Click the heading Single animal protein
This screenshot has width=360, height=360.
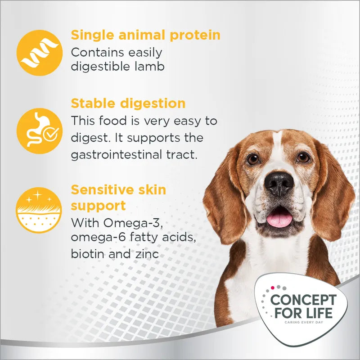click(x=145, y=35)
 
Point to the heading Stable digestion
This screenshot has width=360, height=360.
click(x=128, y=103)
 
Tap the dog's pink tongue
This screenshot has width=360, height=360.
click(x=279, y=219)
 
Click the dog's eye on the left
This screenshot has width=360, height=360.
click(x=253, y=158)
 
